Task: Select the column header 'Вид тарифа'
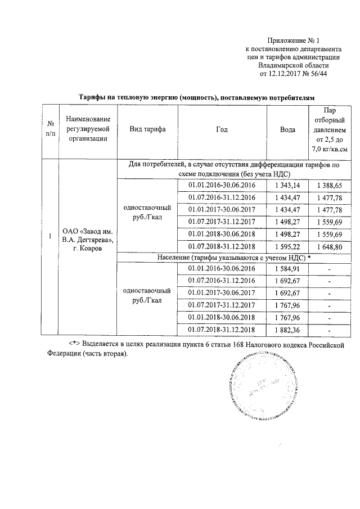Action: [x=147, y=129]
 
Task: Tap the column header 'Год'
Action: [x=222, y=129]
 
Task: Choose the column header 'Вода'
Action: [x=288, y=129]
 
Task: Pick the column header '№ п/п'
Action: [x=50, y=129]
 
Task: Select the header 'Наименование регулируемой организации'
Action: [x=87, y=129]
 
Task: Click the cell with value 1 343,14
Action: [x=288, y=185]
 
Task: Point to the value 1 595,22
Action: [x=288, y=246]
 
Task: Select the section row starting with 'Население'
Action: [x=230, y=257]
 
